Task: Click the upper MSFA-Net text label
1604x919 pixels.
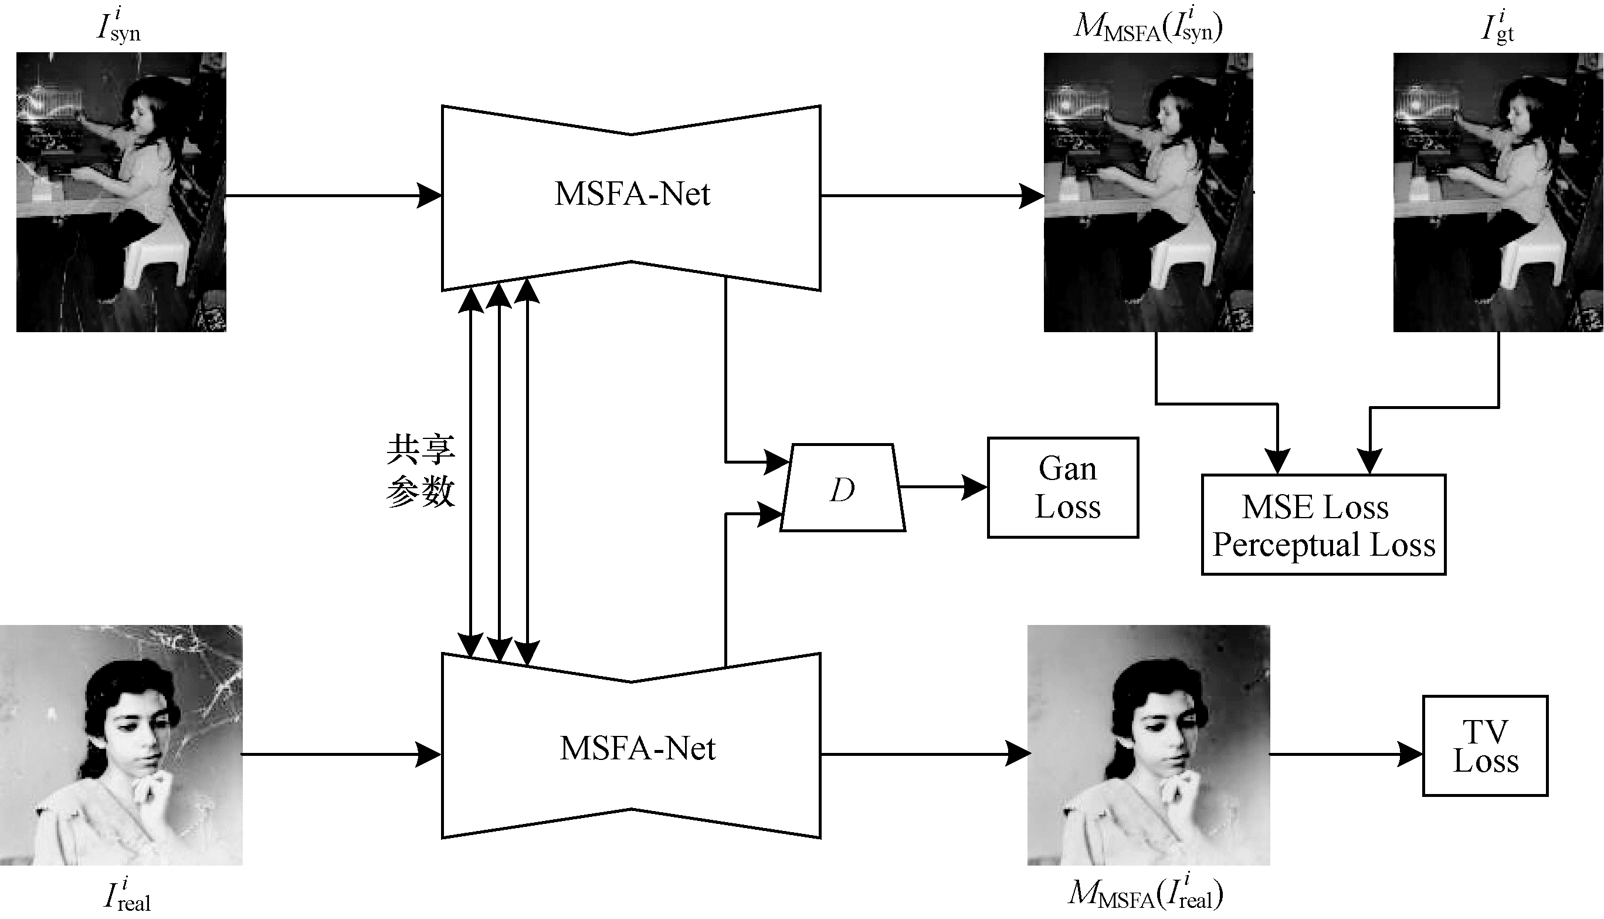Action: pos(632,194)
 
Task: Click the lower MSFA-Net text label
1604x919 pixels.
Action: pos(637,749)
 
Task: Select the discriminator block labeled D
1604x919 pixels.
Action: pos(843,489)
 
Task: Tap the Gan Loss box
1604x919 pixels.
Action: pos(1063,487)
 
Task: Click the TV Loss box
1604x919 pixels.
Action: pos(1485,746)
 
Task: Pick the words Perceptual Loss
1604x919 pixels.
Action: pos(1323,544)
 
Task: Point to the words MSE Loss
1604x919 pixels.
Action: pos(1315,507)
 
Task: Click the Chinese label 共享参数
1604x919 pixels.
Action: pos(420,471)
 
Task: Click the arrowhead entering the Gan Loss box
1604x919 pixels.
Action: pos(975,487)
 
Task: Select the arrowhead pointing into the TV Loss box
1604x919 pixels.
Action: pos(1410,754)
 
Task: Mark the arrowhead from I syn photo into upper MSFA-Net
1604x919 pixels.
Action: pos(429,195)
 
